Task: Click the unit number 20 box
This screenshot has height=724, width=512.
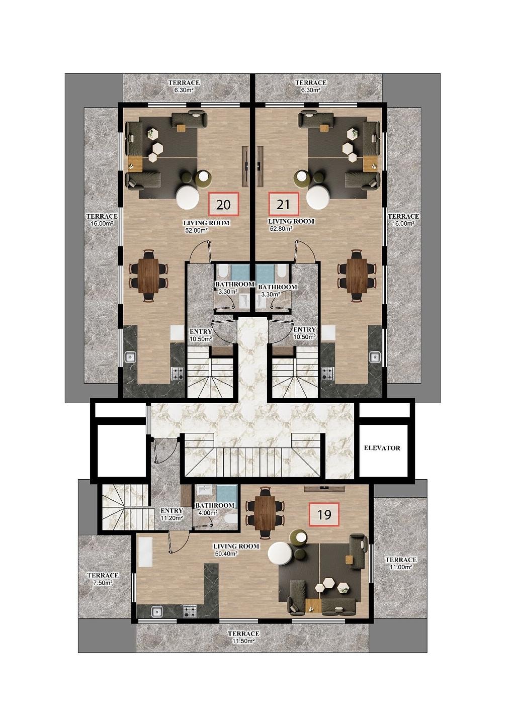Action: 223,204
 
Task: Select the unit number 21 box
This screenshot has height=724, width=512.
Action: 284,204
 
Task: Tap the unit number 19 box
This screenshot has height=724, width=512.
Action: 324,514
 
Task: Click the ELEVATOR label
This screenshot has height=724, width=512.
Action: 382,448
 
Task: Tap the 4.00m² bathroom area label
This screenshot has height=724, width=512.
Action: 208,512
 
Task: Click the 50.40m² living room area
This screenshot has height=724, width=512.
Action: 227,553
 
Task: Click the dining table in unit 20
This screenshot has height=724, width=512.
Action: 149,276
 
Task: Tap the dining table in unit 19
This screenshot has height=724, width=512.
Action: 265,513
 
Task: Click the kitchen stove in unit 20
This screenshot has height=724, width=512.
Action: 178,374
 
